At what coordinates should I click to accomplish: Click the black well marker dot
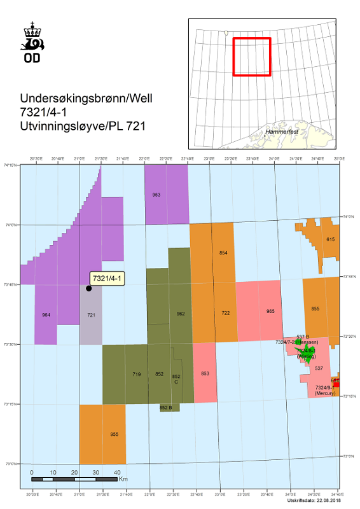click(x=88, y=288)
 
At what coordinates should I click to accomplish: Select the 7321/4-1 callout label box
click(x=108, y=279)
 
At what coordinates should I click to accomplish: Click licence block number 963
click(x=156, y=195)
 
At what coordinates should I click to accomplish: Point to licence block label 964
click(x=46, y=315)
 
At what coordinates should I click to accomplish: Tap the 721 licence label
click(x=91, y=315)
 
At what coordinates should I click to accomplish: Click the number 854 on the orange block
click(x=223, y=253)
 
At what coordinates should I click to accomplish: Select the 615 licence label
click(x=330, y=239)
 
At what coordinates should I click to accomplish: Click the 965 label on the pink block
click(x=270, y=311)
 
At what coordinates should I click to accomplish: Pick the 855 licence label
click(x=315, y=309)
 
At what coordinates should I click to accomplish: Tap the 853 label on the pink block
click(x=205, y=373)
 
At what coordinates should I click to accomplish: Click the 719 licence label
click(x=136, y=374)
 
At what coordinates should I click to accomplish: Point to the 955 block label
click(x=114, y=434)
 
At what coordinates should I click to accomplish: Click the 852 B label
click(x=166, y=407)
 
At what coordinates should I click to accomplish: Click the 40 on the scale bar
click(x=118, y=473)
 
